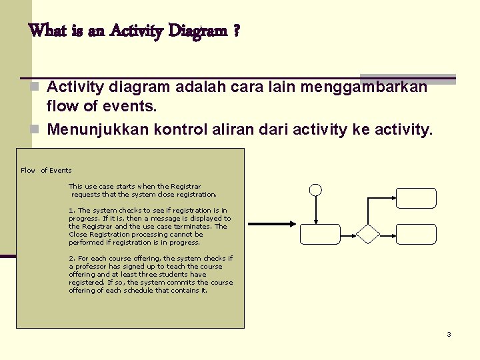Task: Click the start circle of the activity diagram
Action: tap(316, 190)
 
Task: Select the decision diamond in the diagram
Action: tap(368, 234)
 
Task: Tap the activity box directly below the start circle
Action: tap(320, 234)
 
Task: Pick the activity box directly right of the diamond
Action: tap(416, 234)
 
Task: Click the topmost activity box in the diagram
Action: tap(416, 198)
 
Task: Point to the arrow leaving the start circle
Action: tap(316, 210)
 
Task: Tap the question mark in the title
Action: tap(237, 31)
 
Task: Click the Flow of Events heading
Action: tap(46, 171)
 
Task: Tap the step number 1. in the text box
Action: tap(72, 211)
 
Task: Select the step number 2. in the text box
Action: tap(72, 259)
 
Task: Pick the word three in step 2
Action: tap(161, 275)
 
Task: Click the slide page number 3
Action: tap(449, 334)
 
